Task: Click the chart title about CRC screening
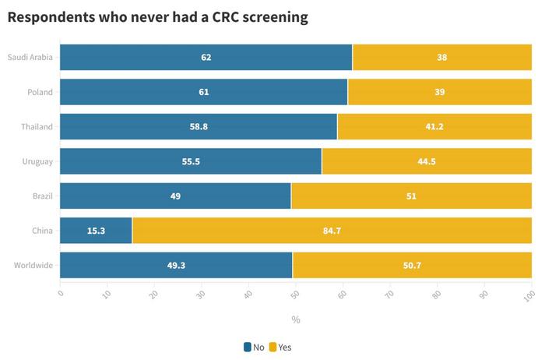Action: coord(158,18)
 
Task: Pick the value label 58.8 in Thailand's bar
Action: coord(198,127)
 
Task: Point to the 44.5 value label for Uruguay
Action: coord(426,161)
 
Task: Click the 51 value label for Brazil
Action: coord(411,196)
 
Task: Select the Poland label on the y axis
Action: coord(40,92)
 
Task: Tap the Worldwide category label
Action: coord(33,266)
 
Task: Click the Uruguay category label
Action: coord(37,161)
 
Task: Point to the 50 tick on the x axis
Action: coord(294,295)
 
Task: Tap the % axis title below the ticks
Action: coord(296,319)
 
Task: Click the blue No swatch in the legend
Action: coord(248,347)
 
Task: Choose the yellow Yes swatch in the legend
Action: coord(272,347)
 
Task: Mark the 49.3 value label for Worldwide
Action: coord(176,266)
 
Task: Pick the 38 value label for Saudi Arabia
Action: coord(441,58)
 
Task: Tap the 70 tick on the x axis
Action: coord(389,295)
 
